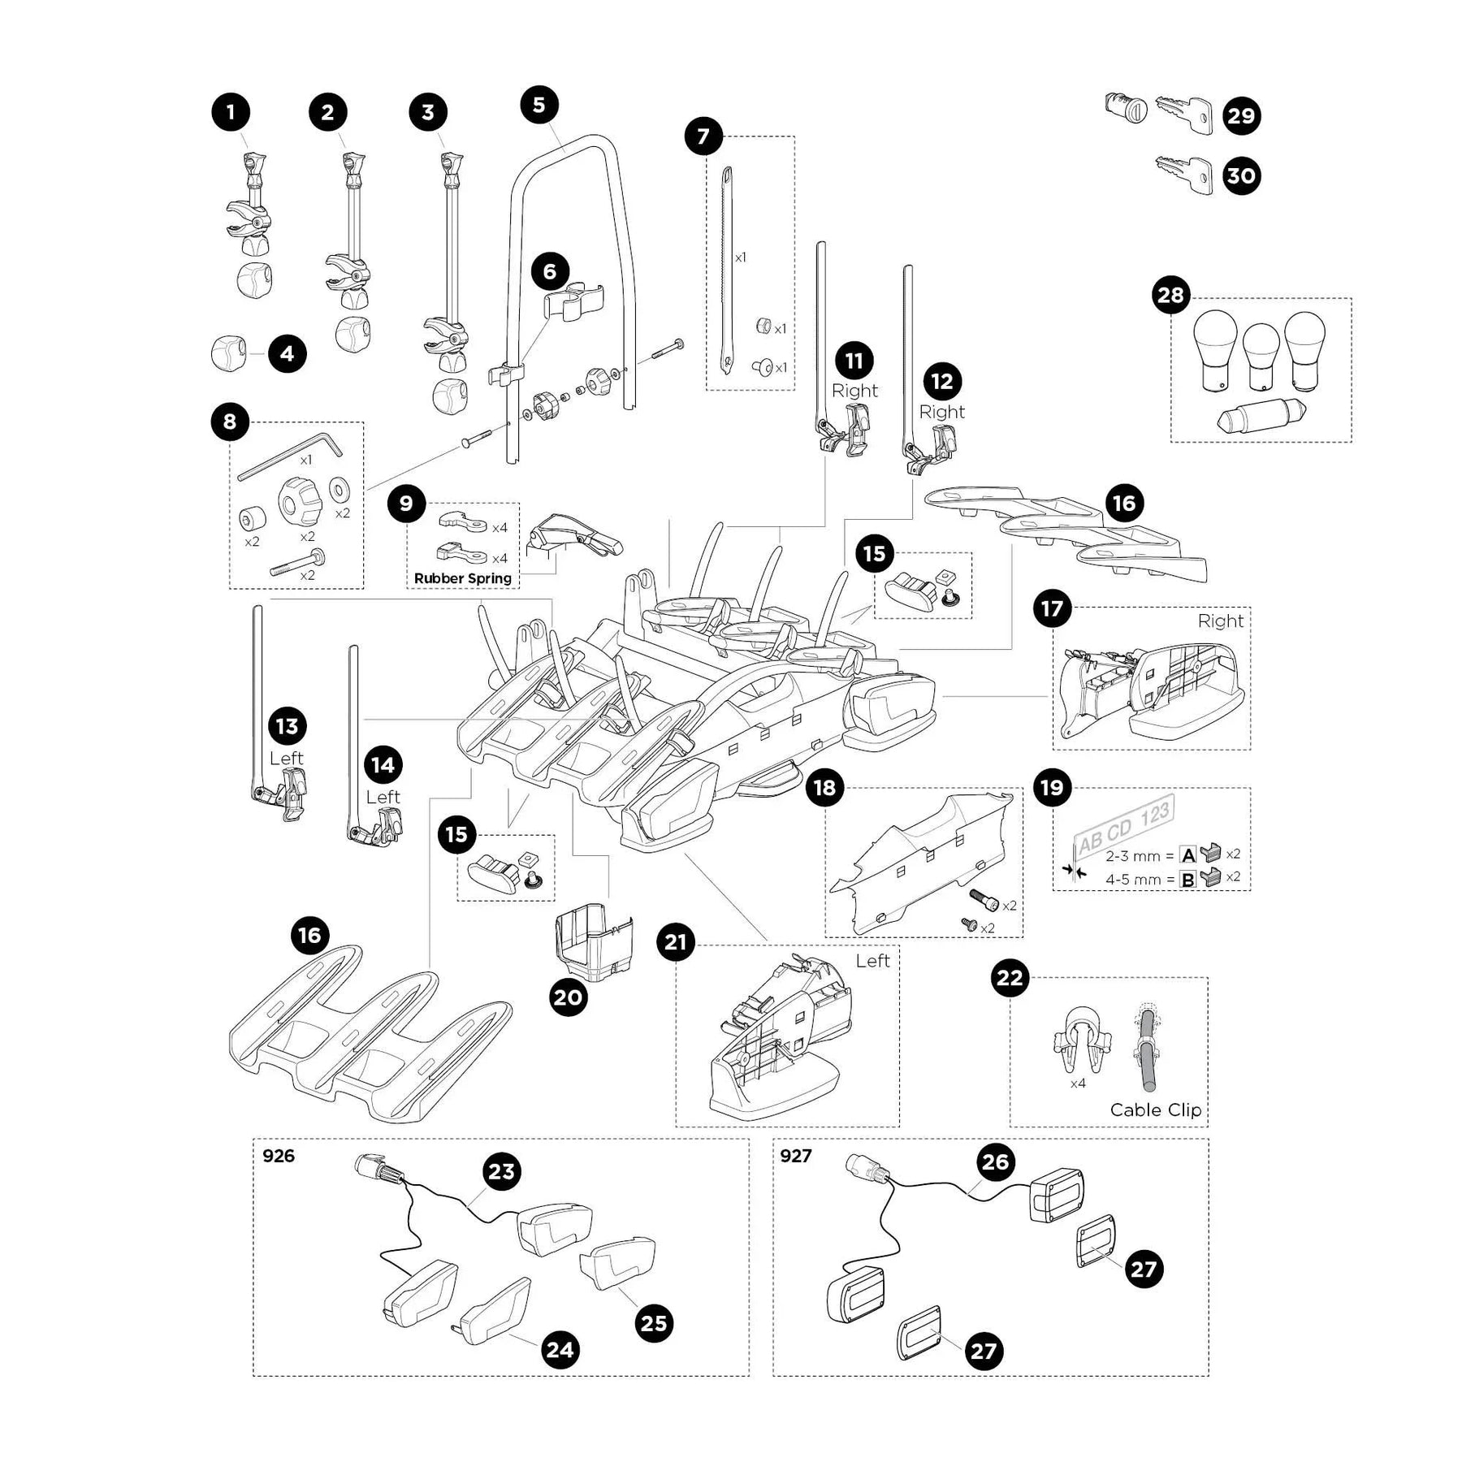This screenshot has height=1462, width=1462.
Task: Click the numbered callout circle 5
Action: coord(539,105)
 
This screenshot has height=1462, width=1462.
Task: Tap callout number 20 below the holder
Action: coord(568,997)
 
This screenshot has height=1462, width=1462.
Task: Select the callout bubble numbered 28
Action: coord(1170,295)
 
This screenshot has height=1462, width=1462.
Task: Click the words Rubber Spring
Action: coord(462,578)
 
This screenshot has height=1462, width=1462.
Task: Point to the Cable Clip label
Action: coord(1155,1109)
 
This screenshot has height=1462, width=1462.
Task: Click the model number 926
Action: coord(279,1156)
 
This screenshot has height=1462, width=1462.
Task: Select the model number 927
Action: coord(795,1156)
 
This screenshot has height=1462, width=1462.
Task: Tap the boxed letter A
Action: coord(1188,854)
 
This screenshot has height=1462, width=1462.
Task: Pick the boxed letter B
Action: coord(1188,879)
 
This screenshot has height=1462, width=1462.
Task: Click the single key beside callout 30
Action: coord(1183,173)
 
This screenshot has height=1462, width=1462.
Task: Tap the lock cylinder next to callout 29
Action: coord(1126,108)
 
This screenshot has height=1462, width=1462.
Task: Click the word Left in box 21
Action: coord(872,961)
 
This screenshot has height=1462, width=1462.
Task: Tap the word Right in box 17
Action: coord(1220,621)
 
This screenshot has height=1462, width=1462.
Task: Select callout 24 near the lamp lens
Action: coord(560,1350)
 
